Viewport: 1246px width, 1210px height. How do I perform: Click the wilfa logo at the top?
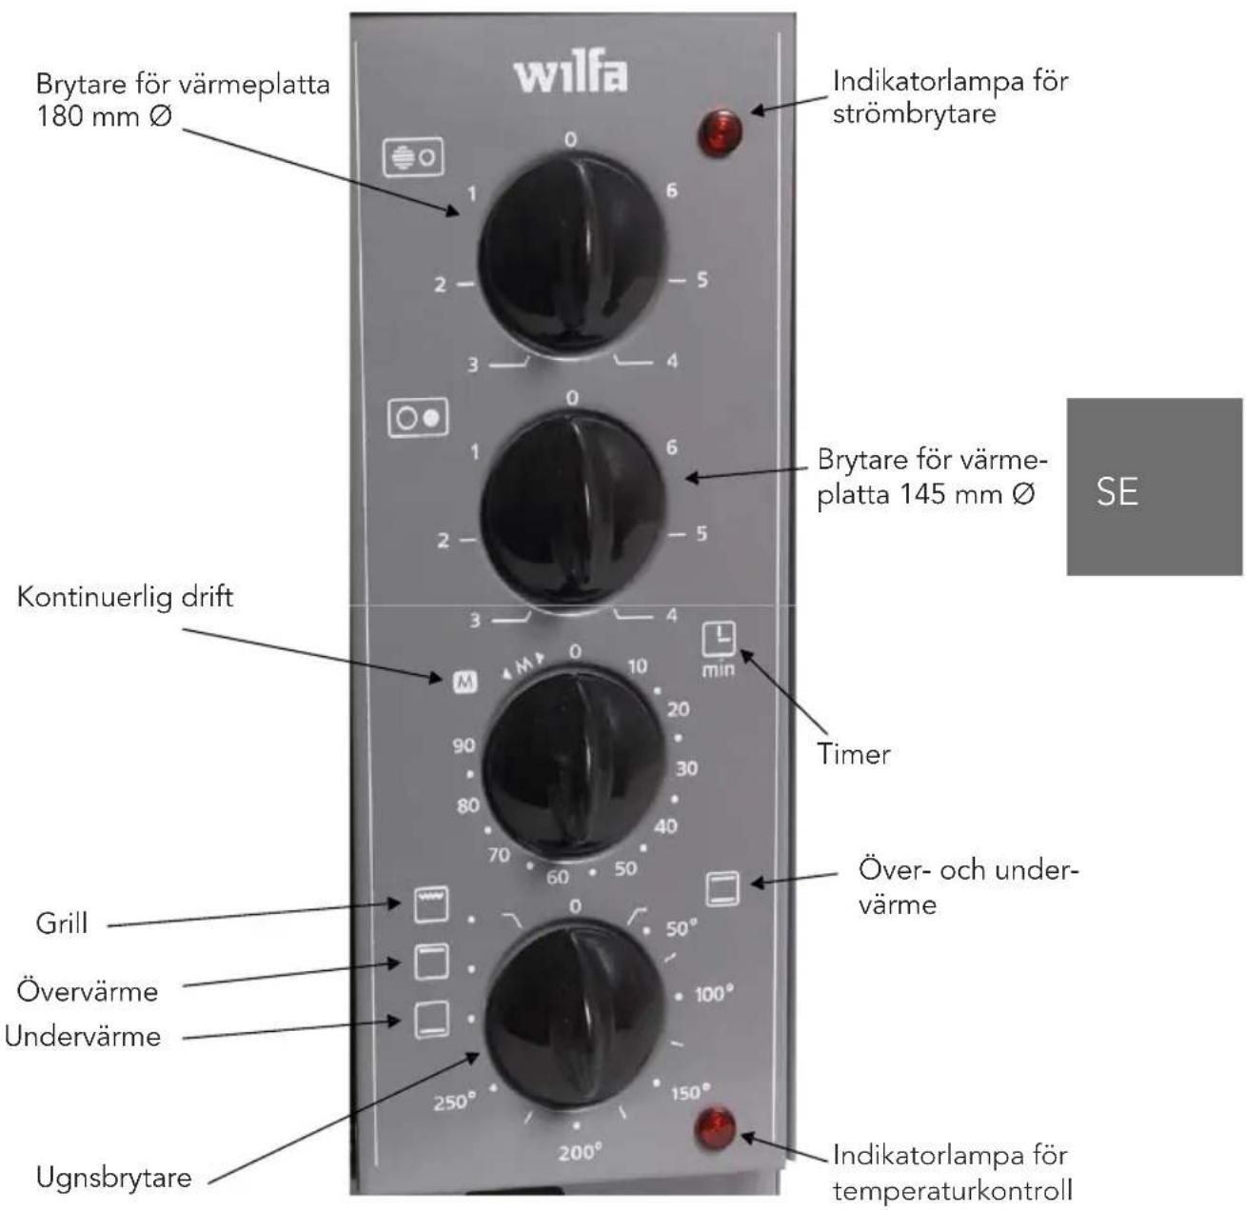click(569, 76)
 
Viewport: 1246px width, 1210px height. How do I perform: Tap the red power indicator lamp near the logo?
click(719, 133)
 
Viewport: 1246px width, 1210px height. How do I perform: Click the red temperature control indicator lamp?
click(715, 1128)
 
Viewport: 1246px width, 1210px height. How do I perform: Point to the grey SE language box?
click(1155, 486)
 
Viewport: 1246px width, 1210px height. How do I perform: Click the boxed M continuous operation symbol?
click(465, 682)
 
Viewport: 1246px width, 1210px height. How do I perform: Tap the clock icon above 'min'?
click(719, 639)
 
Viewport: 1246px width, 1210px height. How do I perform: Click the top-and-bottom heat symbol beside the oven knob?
click(722, 888)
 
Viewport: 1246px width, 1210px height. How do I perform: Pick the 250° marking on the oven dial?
click(454, 1101)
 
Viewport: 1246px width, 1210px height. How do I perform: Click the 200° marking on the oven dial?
click(580, 1152)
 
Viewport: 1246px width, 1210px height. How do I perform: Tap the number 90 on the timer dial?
click(464, 745)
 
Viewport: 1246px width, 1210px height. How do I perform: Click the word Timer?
click(854, 755)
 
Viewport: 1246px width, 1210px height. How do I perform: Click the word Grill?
click(62, 923)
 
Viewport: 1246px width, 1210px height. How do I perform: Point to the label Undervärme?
click(83, 1036)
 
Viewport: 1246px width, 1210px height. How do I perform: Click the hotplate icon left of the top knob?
click(413, 157)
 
